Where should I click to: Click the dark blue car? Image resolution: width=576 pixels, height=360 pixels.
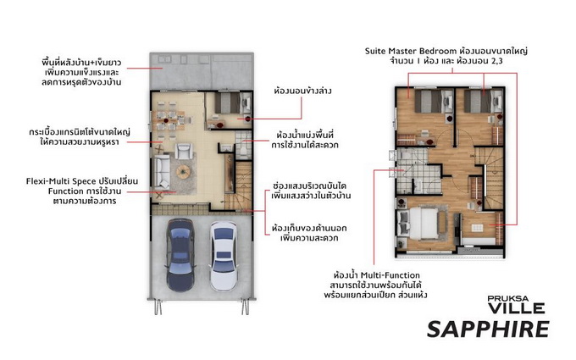180,255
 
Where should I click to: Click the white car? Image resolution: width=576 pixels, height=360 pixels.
223,256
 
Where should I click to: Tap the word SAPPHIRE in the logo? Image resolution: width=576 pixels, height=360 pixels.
488,329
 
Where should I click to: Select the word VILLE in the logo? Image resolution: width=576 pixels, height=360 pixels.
517,307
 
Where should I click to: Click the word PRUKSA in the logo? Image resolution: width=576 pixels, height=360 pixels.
508,298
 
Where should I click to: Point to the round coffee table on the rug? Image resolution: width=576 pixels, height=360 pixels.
183,171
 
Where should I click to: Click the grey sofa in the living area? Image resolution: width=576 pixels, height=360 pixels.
161,172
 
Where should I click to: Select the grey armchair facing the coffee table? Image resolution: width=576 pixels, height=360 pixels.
183,151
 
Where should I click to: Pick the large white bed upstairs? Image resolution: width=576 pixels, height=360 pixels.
423,224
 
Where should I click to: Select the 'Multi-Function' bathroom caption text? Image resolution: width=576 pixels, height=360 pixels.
390,275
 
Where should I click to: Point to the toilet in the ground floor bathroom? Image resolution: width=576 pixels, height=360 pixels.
245,151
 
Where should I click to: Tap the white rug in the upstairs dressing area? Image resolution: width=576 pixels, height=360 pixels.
477,228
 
